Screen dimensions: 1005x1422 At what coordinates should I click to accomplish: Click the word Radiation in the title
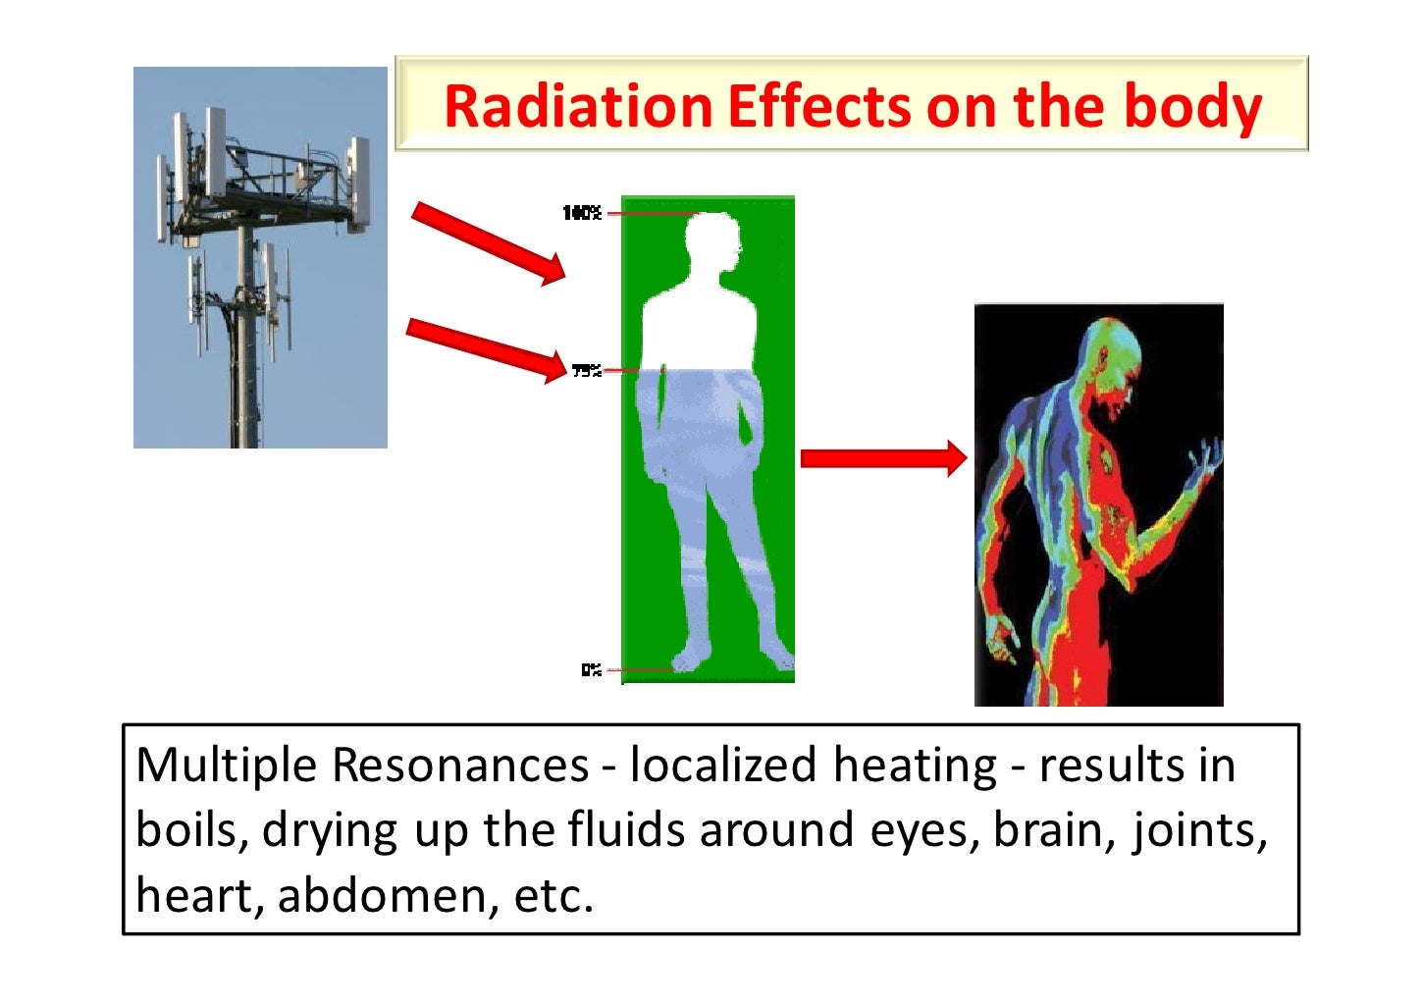pos(577,106)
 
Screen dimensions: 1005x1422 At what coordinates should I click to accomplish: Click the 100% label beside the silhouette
pos(581,213)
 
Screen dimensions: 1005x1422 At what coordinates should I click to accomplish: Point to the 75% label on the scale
pos(586,370)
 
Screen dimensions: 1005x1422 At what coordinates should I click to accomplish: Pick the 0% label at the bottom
pos(590,669)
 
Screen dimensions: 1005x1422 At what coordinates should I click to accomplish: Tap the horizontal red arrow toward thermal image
pos(883,458)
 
